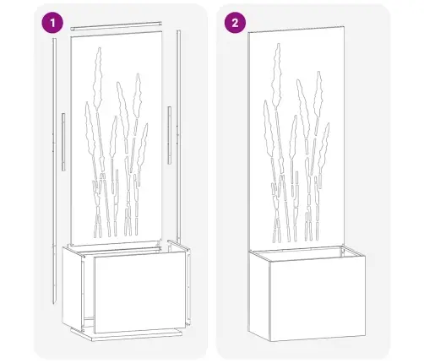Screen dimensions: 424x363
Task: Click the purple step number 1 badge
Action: coord(52,23)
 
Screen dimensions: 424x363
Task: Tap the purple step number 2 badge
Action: coord(235,23)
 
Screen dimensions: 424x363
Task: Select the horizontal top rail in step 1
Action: coord(116,25)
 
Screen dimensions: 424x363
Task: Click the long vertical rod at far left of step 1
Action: coord(55,171)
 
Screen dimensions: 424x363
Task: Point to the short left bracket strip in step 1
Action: coord(63,142)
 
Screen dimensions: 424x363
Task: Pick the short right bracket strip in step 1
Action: coord(169,135)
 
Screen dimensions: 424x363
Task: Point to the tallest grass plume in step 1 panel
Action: coord(98,79)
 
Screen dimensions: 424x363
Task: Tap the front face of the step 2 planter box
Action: coord(318,300)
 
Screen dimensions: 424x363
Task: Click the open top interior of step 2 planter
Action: coord(307,253)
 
